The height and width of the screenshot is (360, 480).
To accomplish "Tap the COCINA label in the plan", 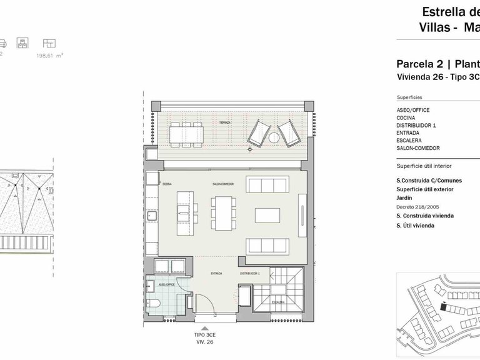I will point(167,184).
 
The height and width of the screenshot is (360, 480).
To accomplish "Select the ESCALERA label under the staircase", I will point(279,301).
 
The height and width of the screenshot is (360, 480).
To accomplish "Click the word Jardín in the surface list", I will point(405,197).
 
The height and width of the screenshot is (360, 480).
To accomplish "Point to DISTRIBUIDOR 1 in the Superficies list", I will point(416,125).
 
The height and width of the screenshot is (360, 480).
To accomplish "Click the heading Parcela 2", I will point(417,64).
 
